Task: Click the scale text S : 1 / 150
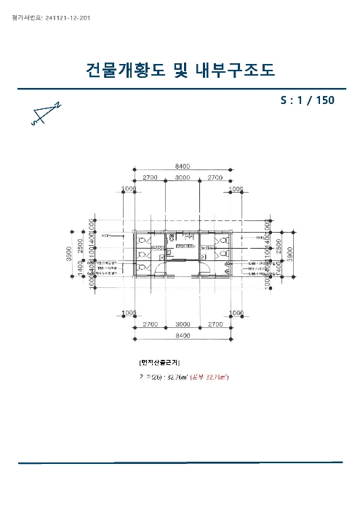point(307,100)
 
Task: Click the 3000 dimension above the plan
point(183,177)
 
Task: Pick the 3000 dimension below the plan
point(183,323)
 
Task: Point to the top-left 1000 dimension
point(129,188)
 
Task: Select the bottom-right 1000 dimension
point(236,312)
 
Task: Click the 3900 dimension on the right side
point(288,251)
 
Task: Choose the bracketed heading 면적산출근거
point(159,361)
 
